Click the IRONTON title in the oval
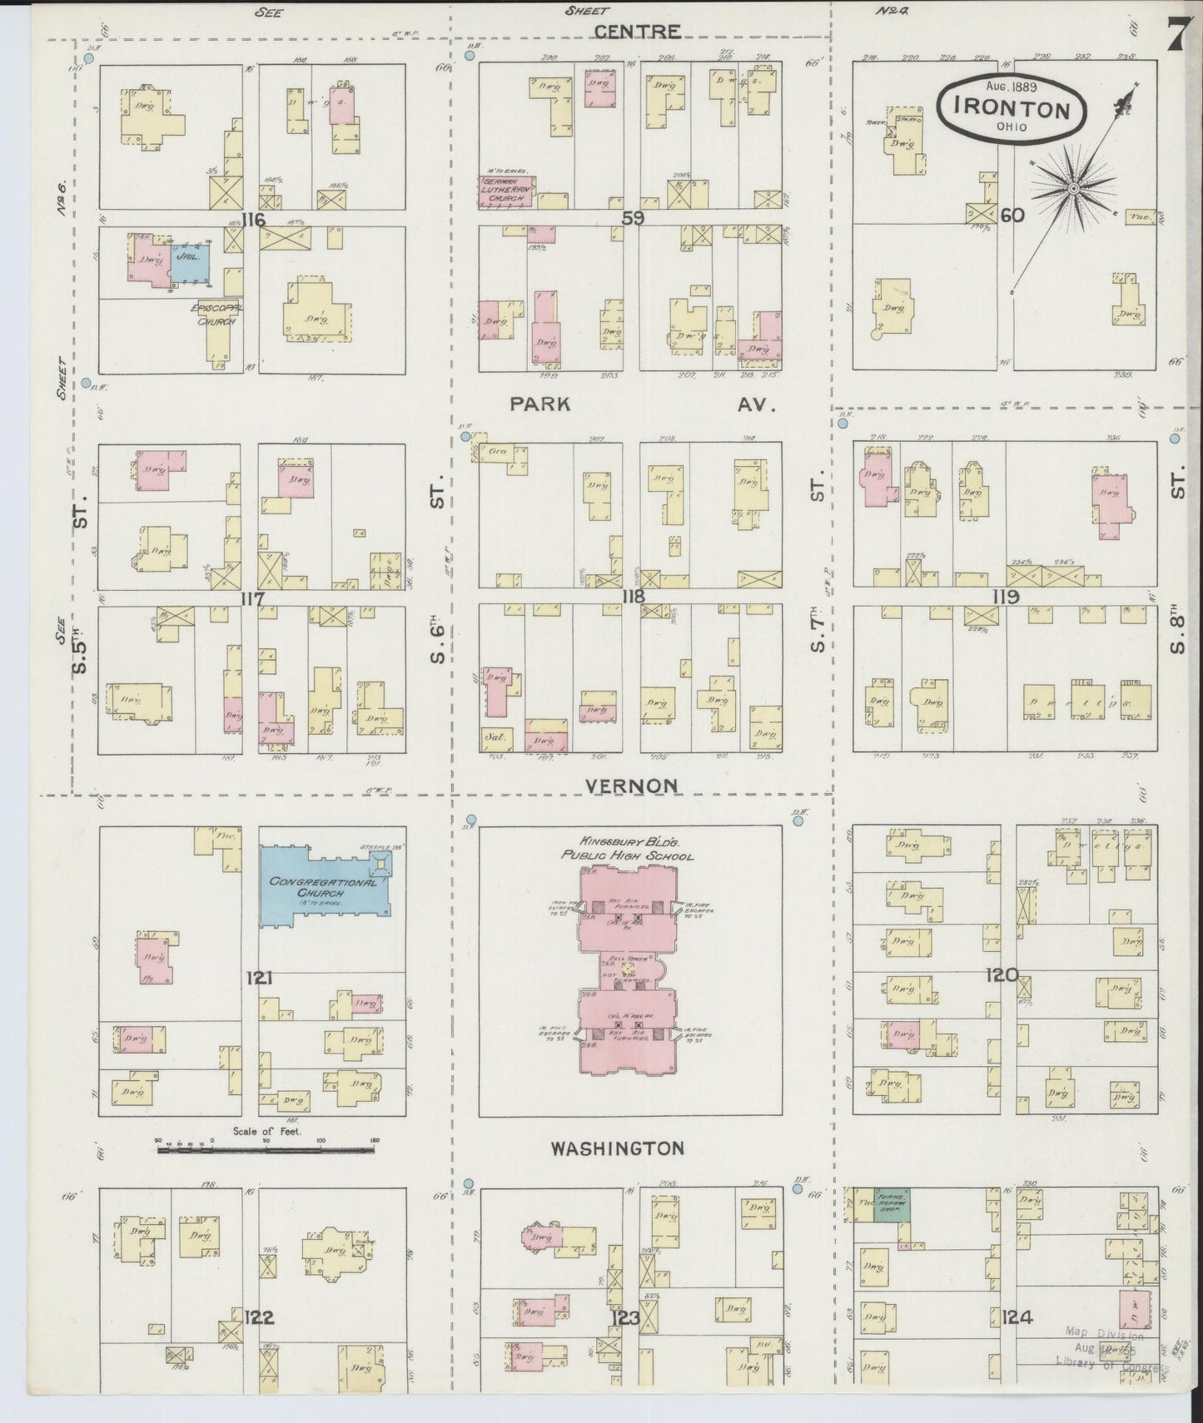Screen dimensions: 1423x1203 [1012, 109]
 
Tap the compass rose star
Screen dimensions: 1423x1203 [1074, 190]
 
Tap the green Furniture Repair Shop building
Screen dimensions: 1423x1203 [892, 1205]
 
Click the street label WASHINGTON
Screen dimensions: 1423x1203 [618, 1148]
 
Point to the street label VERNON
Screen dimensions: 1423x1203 [630, 786]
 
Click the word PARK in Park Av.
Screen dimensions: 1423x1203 [540, 404]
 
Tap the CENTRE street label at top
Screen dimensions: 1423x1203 [638, 32]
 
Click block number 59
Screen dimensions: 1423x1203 [633, 218]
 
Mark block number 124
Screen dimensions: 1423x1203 [1017, 1316]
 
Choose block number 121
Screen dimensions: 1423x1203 [259, 978]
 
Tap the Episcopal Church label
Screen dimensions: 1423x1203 [217, 314]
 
